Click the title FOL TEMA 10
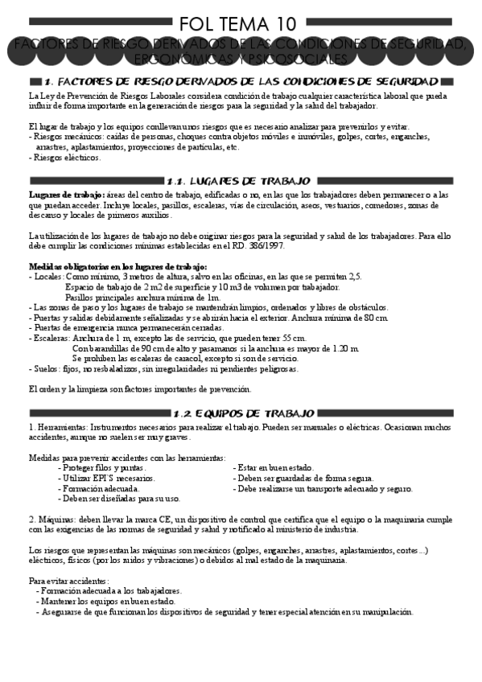(240, 24)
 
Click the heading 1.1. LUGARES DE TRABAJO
(240, 181)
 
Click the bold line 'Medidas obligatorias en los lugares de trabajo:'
(117, 266)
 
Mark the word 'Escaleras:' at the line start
(51, 339)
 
